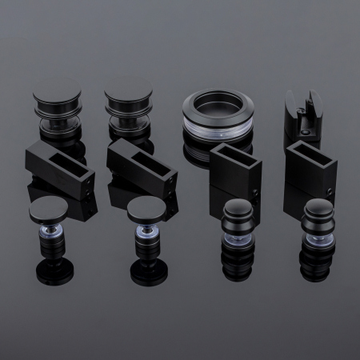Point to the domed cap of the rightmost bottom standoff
tap(317, 212)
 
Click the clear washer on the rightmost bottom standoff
tap(318, 238)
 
